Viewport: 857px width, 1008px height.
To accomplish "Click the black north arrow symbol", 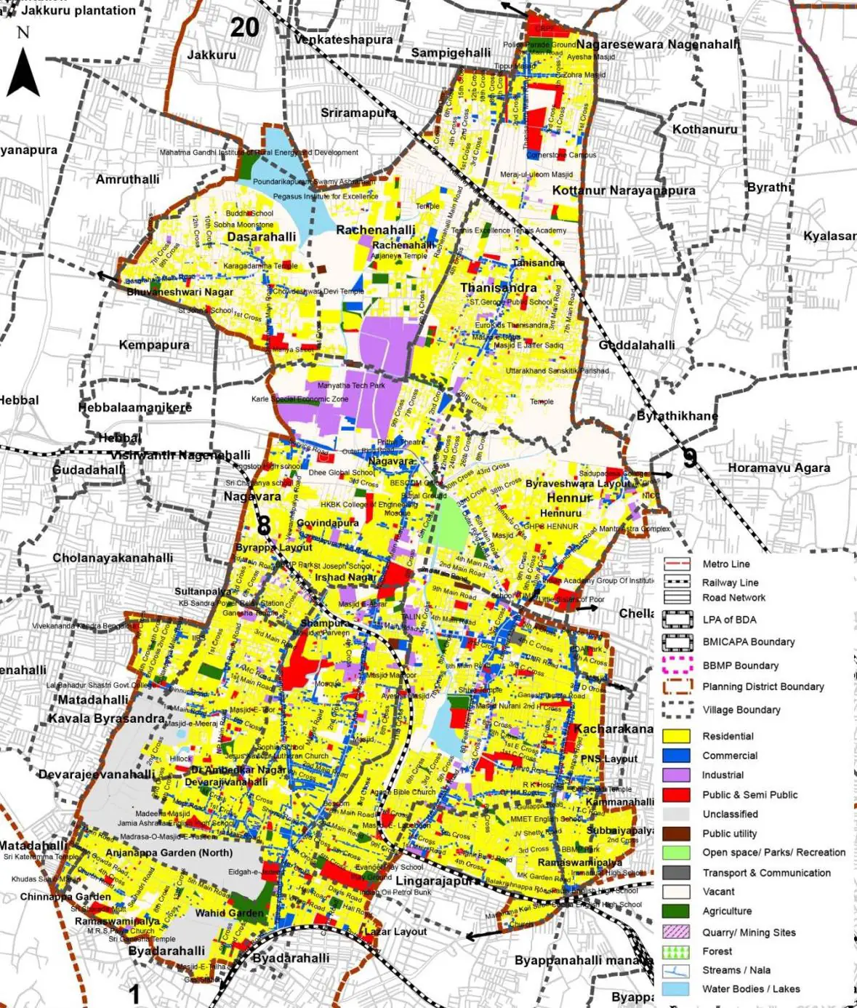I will click(x=23, y=73).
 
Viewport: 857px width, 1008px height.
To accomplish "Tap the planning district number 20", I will click(x=244, y=28).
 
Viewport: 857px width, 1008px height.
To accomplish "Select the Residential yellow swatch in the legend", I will click(x=676, y=736).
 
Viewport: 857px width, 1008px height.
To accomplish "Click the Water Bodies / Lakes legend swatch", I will click(x=676, y=989).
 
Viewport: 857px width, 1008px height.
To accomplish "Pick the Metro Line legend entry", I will click(x=676, y=564).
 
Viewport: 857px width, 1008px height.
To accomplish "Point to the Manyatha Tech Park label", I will click(x=351, y=385).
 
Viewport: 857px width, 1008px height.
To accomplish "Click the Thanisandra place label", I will click(x=498, y=288).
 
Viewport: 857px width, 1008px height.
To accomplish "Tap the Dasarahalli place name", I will click(x=262, y=237).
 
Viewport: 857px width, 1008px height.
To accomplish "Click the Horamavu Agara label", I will click(x=778, y=468).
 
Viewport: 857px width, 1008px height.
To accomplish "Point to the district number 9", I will click(x=690, y=458).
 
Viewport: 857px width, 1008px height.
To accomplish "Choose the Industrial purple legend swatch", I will click(x=676, y=775).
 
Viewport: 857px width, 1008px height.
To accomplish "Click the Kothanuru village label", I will click(x=704, y=129).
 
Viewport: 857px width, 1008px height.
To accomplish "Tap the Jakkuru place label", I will click(x=212, y=55).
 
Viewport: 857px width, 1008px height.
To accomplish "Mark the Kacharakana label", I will click(x=613, y=729).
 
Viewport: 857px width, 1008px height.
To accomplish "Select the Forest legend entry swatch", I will click(x=676, y=951).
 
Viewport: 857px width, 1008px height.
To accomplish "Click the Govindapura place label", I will click(x=327, y=523).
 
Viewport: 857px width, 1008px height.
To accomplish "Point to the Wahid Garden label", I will click(x=229, y=913).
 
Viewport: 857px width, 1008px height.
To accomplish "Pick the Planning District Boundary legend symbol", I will click(x=676, y=687).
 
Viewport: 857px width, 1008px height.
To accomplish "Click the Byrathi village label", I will click(x=768, y=187).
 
